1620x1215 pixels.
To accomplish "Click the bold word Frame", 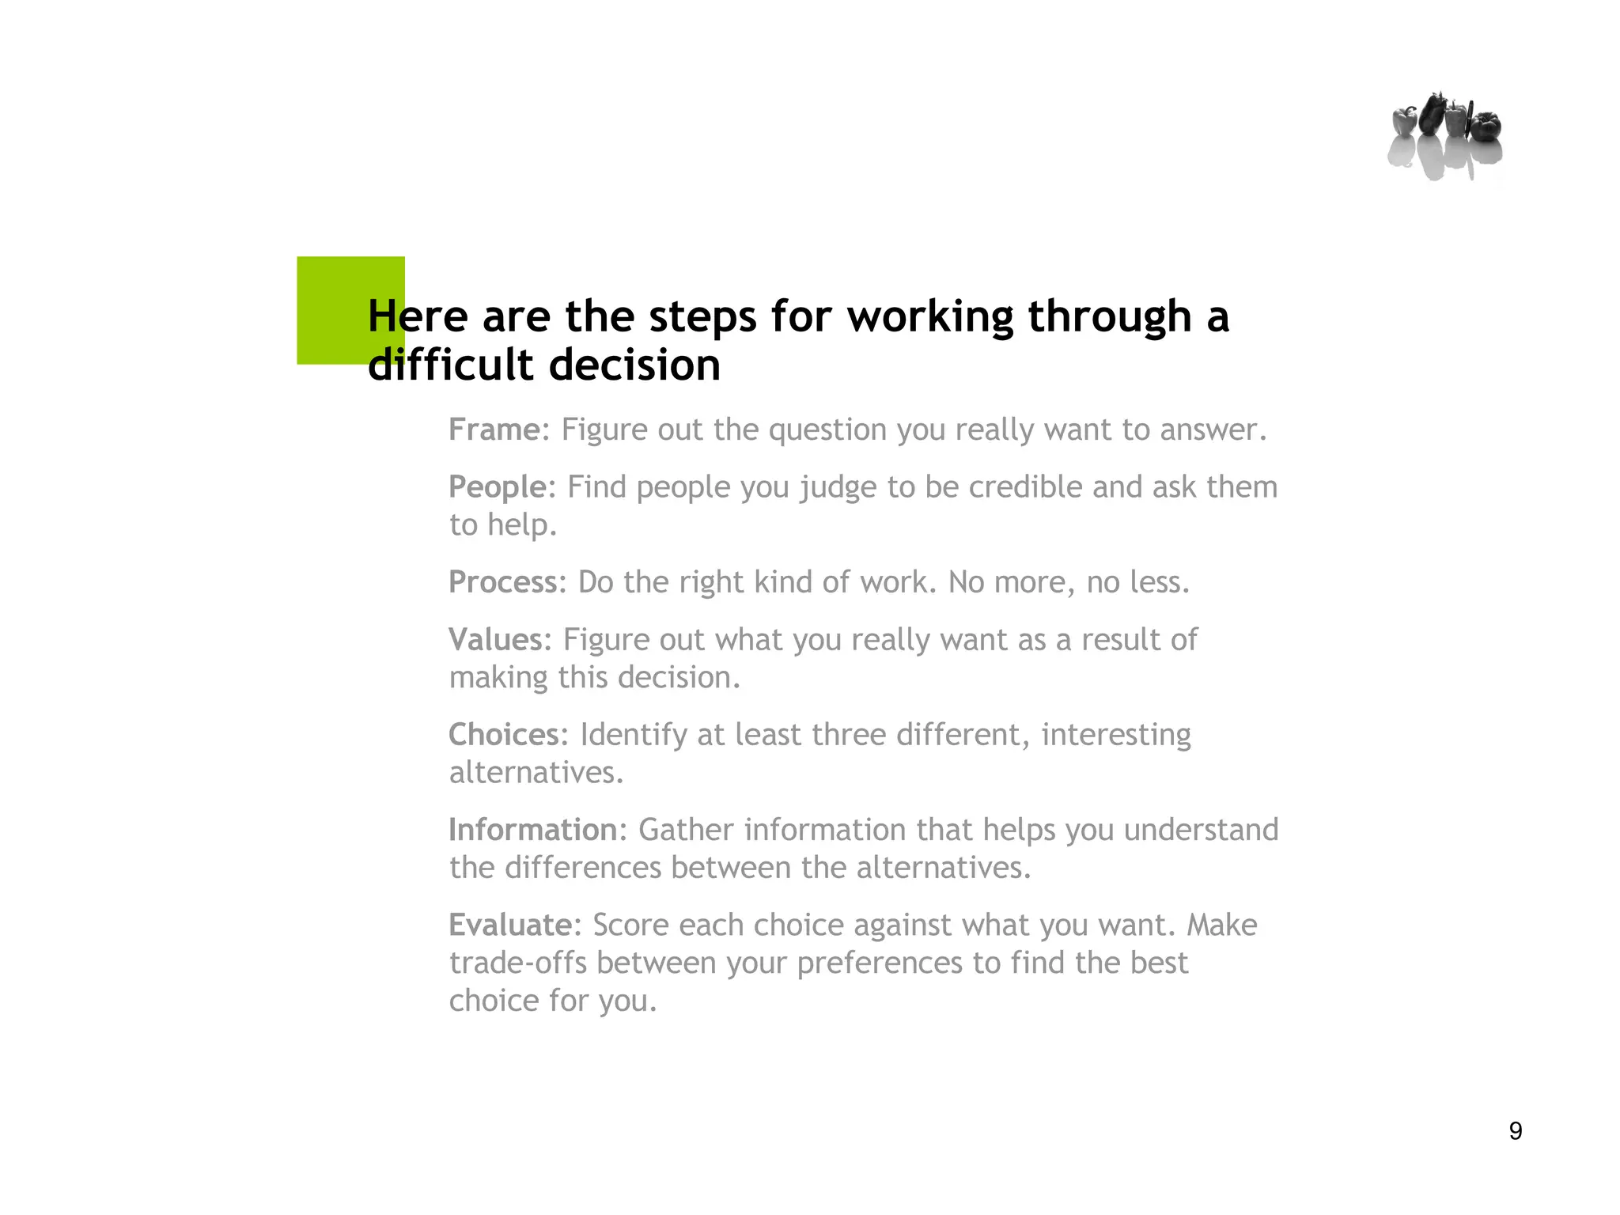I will click(x=494, y=430).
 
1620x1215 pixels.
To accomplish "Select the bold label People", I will click(x=498, y=487).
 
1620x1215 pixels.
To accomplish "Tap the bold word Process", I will click(x=503, y=582).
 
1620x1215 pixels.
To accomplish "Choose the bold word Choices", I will click(x=504, y=735).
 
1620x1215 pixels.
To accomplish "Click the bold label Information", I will click(x=532, y=830).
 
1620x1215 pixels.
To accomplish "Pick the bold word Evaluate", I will click(x=510, y=925).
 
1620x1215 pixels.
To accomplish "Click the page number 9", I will click(x=1515, y=1130).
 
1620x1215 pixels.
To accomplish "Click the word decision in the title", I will click(x=634, y=365).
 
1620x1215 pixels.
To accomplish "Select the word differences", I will click(x=582, y=868).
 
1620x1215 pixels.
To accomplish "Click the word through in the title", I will click(x=1109, y=317).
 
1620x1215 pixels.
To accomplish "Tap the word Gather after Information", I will click(x=686, y=830).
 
